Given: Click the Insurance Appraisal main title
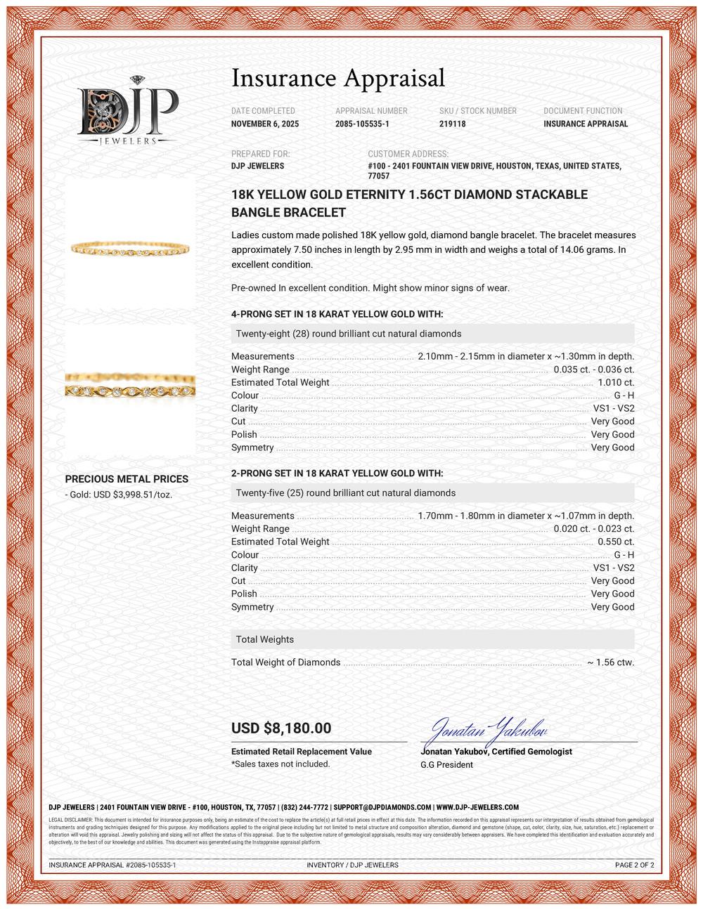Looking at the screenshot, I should pos(338,78).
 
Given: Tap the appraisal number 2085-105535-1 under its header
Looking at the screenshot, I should pos(362,124).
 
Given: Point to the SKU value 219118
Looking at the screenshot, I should pos(452,124).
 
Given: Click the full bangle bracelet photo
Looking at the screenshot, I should pos(131,247).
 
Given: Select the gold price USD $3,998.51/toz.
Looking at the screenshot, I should pos(119,495).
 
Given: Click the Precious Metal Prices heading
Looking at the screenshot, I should pos(127,479).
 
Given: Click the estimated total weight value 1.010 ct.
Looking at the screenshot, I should pos(616,383).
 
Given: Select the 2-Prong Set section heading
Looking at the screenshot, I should pos(337,474).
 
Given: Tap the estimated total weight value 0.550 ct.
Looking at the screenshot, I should pos(616,542).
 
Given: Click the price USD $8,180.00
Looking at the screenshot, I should pos(281,728).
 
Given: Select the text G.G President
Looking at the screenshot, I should pos(446,764).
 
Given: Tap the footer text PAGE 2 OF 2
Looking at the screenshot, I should pos(634,865).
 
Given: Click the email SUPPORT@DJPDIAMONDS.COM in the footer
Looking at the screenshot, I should pos(382,808).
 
